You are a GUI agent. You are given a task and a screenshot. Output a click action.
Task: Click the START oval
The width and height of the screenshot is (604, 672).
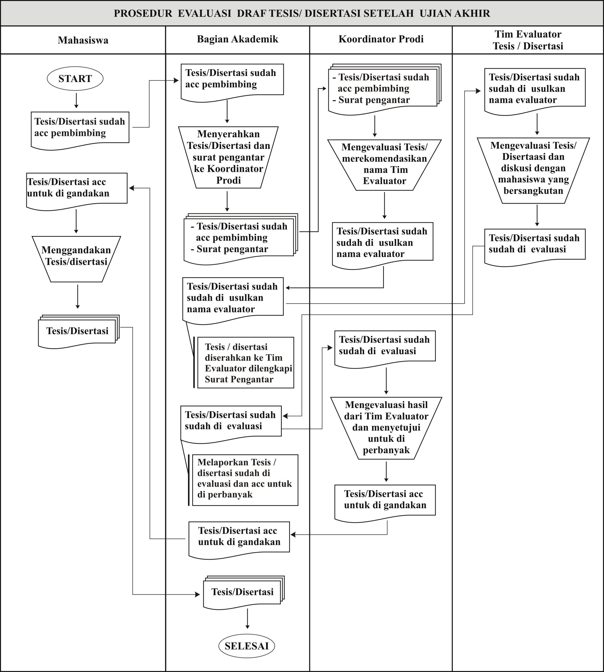pyautogui.click(x=75, y=79)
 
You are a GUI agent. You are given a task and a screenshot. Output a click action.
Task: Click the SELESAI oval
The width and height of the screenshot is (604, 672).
pyautogui.click(x=247, y=646)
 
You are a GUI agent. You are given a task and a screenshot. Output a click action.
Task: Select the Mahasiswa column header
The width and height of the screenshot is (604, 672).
pyautogui.click(x=83, y=40)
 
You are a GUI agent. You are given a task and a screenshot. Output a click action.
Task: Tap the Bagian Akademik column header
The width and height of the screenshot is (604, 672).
pyautogui.click(x=238, y=39)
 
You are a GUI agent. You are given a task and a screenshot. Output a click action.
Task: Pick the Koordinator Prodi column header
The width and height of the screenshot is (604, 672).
pyautogui.click(x=381, y=39)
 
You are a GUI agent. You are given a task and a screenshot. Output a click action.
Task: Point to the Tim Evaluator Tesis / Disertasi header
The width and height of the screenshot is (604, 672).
pyautogui.click(x=528, y=40)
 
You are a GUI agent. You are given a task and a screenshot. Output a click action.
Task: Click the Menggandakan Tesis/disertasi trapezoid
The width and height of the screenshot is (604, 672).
pyautogui.click(x=76, y=259)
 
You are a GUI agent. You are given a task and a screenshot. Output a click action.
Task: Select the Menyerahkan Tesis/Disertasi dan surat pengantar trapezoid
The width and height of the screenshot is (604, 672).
pyautogui.click(x=228, y=157)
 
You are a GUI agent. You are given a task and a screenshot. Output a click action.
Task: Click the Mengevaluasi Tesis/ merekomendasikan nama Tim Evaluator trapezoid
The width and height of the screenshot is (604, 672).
pyautogui.click(x=384, y=165)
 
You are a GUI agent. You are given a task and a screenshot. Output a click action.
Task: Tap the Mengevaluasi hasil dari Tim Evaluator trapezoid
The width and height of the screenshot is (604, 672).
pyautogui.click(x=386, y=428)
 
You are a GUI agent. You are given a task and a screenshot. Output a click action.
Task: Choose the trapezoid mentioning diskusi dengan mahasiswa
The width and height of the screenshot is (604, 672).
pyautogui.click(x=533, y=170)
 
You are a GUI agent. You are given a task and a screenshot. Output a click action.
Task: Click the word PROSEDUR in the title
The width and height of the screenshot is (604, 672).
pyautogui.click(x=143, y=13)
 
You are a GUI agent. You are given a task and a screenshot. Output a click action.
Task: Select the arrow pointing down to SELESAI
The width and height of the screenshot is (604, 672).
pyautogui.click(x=247, y=618)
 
